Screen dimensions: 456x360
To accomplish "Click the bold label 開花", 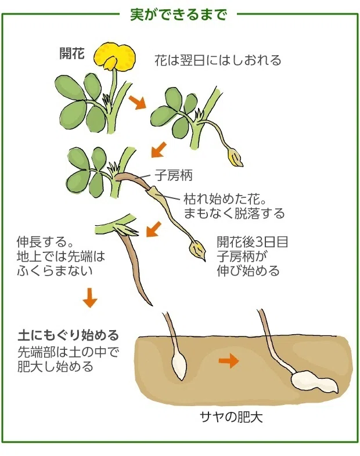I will (72, 55).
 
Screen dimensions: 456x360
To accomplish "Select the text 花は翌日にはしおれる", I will (218, 60).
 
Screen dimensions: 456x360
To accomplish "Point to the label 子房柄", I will (173, 174).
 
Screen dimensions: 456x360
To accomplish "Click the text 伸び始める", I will (248, 270).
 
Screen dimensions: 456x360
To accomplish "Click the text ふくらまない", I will (55, 270).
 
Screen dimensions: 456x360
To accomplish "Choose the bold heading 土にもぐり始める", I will (69, 335).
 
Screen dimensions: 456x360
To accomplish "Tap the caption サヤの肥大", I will (231, 417).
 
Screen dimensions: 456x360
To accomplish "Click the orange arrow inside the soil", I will (228, 362).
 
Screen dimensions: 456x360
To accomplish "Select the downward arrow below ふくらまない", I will (89, 298).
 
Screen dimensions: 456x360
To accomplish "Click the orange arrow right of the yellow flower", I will (137, 102).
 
